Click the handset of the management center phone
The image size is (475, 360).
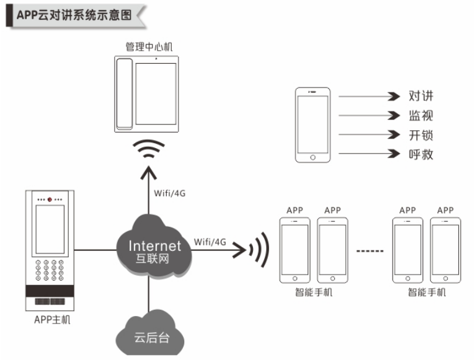[x=125, y=93]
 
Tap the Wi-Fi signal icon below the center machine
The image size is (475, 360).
[x=149, y=150]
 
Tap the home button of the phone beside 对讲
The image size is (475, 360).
[x=313, y=157]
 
